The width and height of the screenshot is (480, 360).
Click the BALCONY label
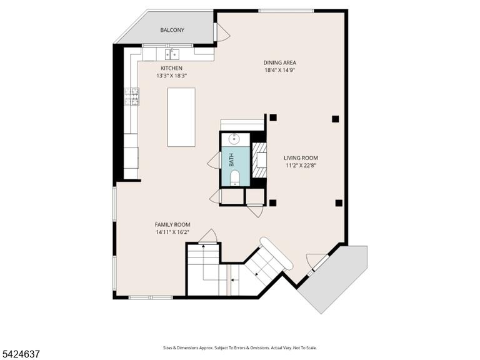(x=172, y=30)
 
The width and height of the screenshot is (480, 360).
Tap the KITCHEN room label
(x=171, y=68)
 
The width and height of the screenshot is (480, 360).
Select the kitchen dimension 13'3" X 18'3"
(x=171, y=76)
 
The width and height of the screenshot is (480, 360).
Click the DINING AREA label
(x=279, y=62)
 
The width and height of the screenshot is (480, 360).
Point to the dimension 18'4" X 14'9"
(x=279, y=70)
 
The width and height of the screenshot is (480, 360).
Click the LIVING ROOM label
(x=301, y=158)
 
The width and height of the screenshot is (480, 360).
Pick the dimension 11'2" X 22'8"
(x=301, y=166)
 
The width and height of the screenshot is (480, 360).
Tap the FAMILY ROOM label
(x=172, y=225)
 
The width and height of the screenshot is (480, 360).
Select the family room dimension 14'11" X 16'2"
(x=172, y=232)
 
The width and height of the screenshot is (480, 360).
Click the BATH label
(x=231, y=160)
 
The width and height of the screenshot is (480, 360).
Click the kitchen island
(x=181, y=117)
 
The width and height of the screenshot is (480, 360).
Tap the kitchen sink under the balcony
(x=172, y=54)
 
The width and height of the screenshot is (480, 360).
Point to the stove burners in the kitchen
(x=132, y=96)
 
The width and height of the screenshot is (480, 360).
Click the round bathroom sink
(x=234, y=139)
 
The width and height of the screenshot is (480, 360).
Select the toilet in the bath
(x=235, y=178)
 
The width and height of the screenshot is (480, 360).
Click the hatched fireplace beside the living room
(x=259, y=160)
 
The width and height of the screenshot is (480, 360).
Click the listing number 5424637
(x=20, y=354)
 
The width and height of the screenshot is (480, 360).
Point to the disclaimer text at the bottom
(x=240, y=347)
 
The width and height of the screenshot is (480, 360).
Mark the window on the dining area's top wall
(x=286, y=11)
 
